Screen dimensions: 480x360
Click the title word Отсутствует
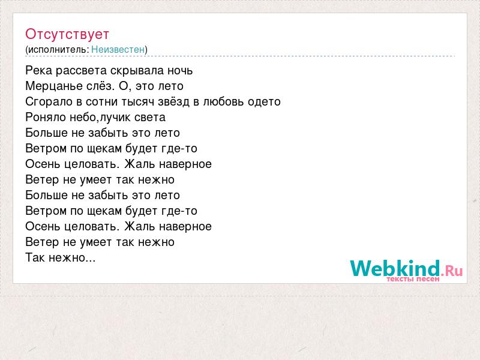coord(67,34)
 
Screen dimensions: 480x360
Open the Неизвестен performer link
coord(118,49)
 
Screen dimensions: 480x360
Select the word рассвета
coord(81,71)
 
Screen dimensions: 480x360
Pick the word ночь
coord(180,71)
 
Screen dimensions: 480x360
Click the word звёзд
coord(174,101)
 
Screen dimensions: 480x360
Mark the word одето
coord(264,102)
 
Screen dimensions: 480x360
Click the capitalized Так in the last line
coord(35,258)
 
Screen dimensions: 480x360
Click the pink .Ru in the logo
coord(452,271)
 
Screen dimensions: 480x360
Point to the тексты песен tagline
coord(413,279)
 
